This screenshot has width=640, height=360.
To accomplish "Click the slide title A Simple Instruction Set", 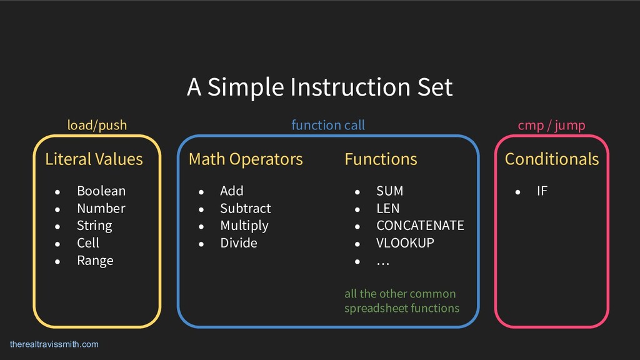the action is point(319,87).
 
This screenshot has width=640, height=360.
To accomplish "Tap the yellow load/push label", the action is point(97,126).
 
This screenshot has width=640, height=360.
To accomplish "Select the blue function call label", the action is point(328,126).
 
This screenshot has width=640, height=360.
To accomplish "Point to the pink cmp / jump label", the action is point(551,126).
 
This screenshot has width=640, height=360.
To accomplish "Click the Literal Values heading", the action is point(94,159).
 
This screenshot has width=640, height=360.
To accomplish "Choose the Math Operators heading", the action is point(246,159).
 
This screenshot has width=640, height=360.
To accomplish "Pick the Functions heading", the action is point(381,159).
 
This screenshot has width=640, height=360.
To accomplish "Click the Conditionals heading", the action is point(551,159).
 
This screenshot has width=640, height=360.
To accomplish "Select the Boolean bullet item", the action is point(101,191).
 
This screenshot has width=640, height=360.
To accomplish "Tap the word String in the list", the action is point(94,225).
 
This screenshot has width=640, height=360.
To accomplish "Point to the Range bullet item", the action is point(95,260).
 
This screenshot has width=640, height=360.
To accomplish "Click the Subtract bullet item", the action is point(245,208).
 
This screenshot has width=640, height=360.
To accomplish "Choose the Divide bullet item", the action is point(238,242).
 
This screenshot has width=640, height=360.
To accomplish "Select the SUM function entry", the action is point(389,191).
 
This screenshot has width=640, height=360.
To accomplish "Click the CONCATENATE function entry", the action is point(420,225).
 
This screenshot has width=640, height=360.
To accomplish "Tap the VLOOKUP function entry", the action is point(405,242).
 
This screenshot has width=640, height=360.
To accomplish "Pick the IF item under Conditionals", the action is point(542,191).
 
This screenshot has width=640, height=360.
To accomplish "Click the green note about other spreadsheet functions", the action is point(401,301).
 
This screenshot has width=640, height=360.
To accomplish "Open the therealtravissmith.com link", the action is point(54,344).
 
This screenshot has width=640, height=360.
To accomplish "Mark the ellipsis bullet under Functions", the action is point(382,261).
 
